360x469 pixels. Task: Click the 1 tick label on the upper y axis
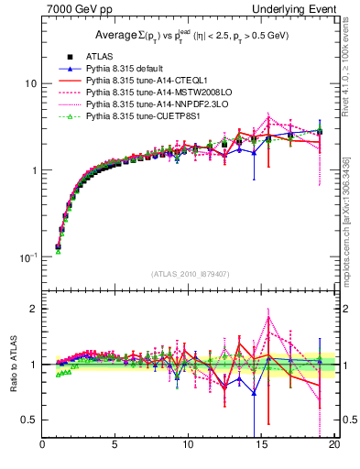32,170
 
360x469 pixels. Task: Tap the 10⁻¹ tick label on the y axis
27,257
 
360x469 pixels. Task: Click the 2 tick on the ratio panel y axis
32,309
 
